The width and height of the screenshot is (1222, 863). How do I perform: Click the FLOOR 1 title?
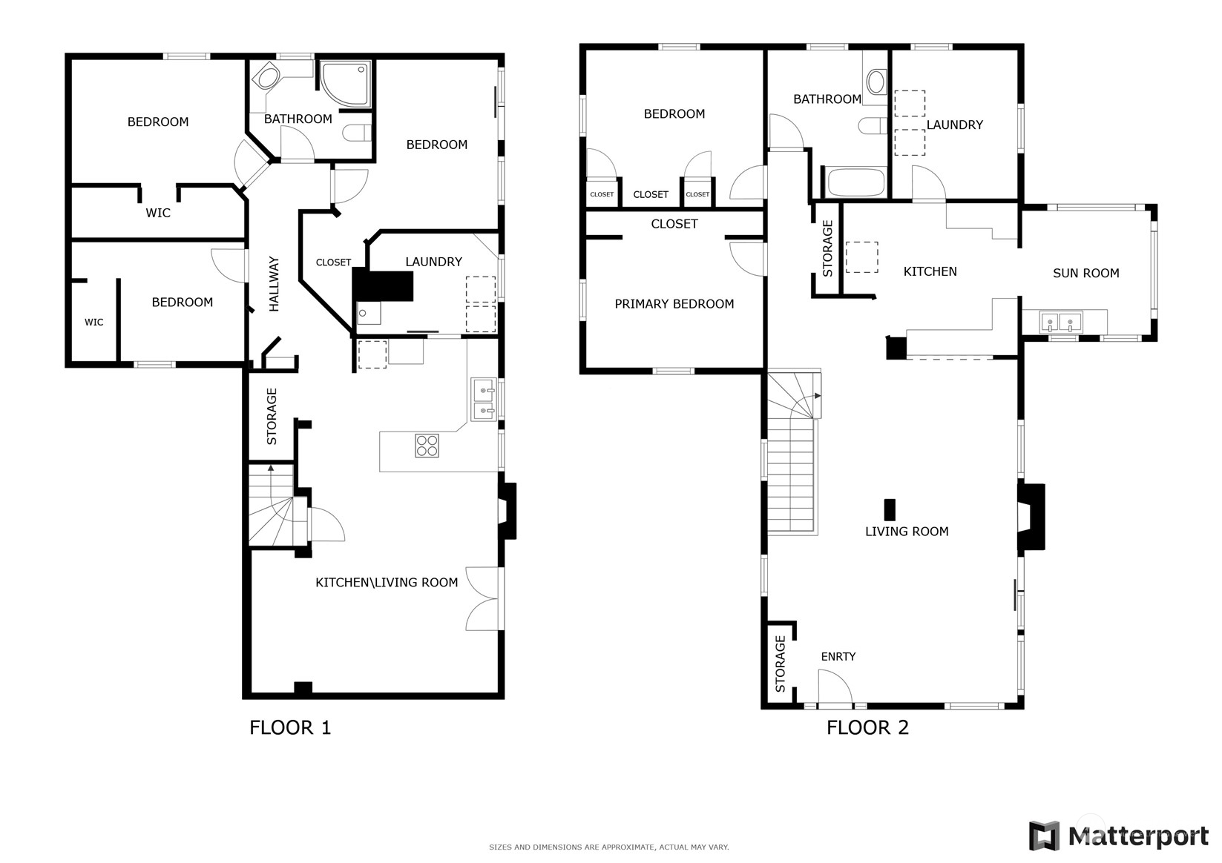[x=290, y=728]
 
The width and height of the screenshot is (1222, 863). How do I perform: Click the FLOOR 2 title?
[x=867, y=728]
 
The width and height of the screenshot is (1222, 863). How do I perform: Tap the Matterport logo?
[x=1118, y=836]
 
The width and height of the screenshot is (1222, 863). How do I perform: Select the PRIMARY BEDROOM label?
[x=674, y=304]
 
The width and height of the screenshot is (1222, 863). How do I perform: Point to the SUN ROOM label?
[x=1085, y=273]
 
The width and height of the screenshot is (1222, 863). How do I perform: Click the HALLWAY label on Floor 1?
[x=274, y=284]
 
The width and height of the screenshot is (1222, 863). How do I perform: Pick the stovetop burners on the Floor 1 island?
[x=427, y=445]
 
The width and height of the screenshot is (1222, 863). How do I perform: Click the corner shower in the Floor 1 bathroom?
[x=345, y=84]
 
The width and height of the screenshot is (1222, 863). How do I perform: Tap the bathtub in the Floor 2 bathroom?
[x=855, y=182]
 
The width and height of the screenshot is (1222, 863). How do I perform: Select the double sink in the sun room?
[x=1060, y=323]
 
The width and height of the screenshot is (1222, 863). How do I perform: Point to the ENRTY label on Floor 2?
[x=838, y=657]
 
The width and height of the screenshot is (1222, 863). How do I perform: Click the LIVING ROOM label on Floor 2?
[x=907, y=532]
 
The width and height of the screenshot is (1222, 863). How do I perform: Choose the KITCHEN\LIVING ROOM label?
[x=387, y=583]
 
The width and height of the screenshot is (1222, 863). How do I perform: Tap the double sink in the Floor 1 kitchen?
[x=484, y=400]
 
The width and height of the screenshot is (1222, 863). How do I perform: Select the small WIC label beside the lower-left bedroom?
[x=93, y=323]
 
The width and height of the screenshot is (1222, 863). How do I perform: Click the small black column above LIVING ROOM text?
[x=890, y=510]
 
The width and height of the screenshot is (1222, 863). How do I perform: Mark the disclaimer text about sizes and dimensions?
[x=609, y=847]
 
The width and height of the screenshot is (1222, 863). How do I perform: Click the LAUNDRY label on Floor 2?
[x=955, y=125]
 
